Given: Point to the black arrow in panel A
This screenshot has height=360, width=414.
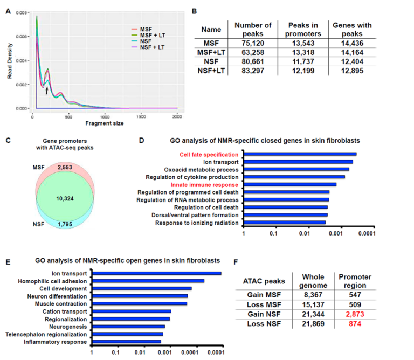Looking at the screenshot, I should coord(47,90).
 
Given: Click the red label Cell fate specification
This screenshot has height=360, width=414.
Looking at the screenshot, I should coord(209,154).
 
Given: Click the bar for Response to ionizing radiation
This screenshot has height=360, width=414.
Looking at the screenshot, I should coord(285,222).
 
